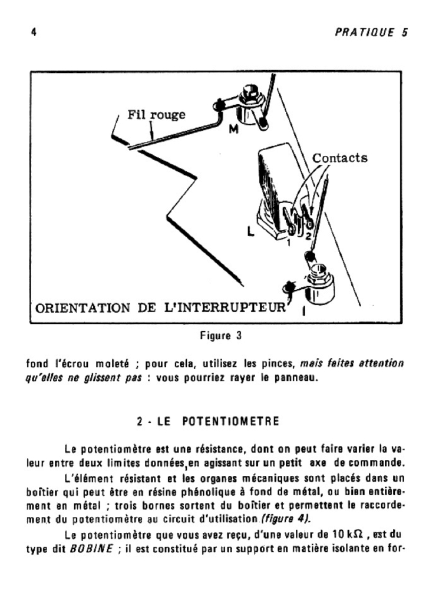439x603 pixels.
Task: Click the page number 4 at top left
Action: [x=34, y=33]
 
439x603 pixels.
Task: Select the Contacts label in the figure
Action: [x=339, y=158]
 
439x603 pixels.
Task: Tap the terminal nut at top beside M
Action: [x=249, y=95]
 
